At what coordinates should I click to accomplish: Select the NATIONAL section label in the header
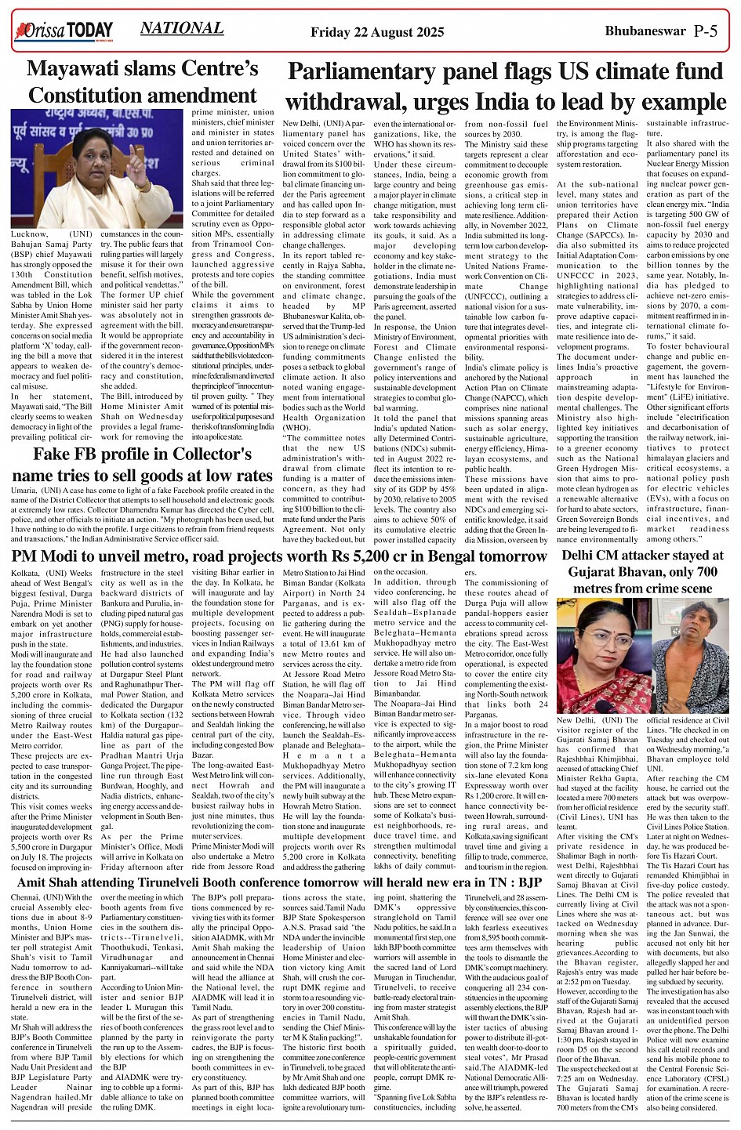181,29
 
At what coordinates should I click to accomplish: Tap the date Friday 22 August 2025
377,32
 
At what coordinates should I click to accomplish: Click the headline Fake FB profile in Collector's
142,455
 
